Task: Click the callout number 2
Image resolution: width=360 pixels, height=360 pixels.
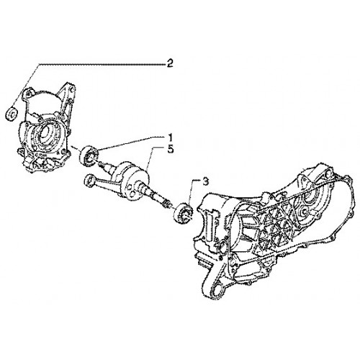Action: click(170, 64)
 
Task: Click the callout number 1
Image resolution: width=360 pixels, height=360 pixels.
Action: click(170, 138)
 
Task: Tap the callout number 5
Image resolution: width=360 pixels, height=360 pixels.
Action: click(170, 150)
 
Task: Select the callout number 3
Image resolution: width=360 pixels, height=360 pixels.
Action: click(206, 182)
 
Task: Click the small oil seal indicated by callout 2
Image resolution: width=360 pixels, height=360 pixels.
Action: click(12, 114)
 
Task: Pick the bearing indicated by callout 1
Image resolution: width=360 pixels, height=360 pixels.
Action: click(89, 156)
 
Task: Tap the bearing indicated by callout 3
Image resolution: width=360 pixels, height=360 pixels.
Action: click(184, 213)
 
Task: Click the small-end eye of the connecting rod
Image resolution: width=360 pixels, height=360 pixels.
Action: click(89, 181)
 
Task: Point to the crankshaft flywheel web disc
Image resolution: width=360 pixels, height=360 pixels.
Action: click(135, 181)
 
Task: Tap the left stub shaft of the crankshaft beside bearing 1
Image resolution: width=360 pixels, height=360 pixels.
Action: click(107, 166)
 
